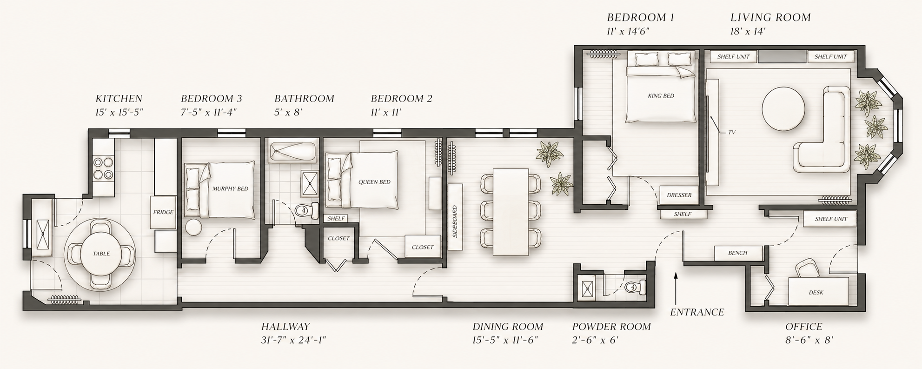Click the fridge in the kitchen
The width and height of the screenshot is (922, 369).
pyautogui.click(x=163, y=212)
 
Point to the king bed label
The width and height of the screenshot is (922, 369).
pyautogui.click(x=661, y=96)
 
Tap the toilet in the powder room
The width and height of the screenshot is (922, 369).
pyautogui.click(x=635, y=288)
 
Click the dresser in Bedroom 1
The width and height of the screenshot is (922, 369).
pyautogui.click(x=679, y=195)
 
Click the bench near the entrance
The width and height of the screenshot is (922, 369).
pyautogui.click(x=738, y=253)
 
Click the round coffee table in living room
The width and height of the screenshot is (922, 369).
pyautogui.click(x=783, y=110)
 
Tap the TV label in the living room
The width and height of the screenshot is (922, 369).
pyautogui.click(x=731, y=133)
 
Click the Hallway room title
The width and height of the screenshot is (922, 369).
pyautogui.click(x=285, y=327)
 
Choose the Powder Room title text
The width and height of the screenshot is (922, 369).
pyautogui.click(x=611, y=327)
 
